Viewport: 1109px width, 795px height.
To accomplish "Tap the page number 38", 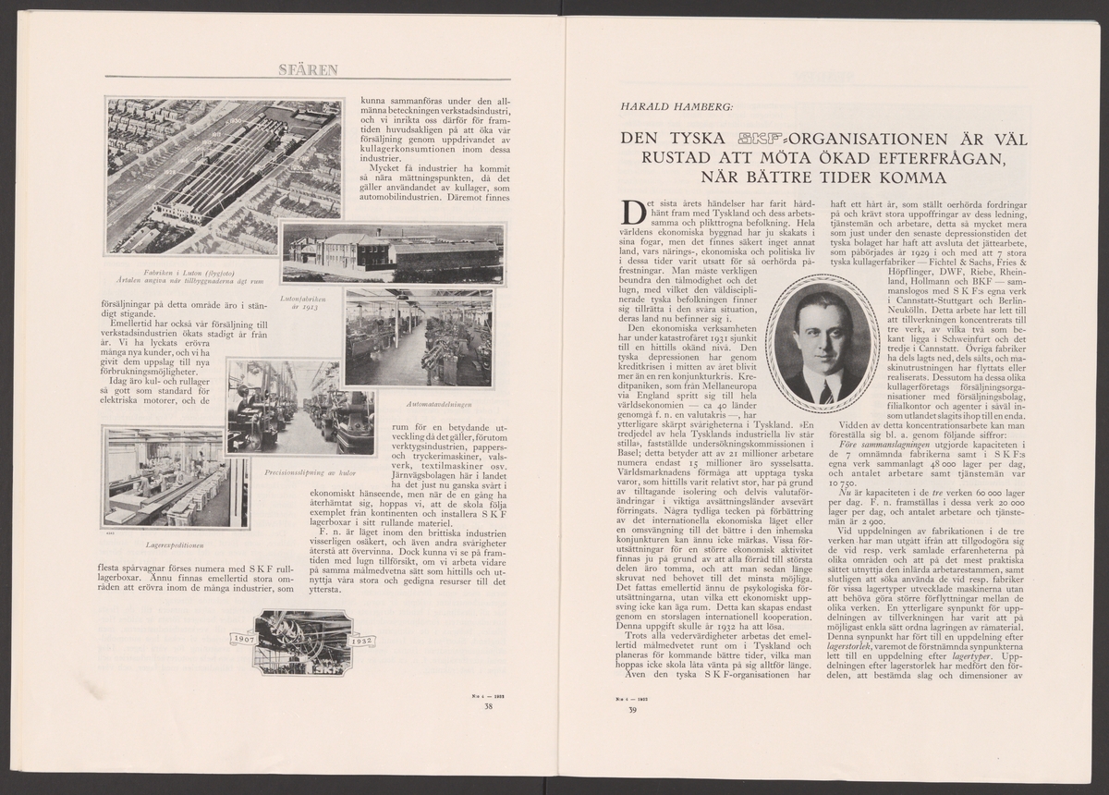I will (x=488, y=706).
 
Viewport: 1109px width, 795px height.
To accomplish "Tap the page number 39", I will (x=633, y=710).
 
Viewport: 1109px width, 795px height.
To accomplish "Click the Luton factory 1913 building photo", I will (x=393, y=251).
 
